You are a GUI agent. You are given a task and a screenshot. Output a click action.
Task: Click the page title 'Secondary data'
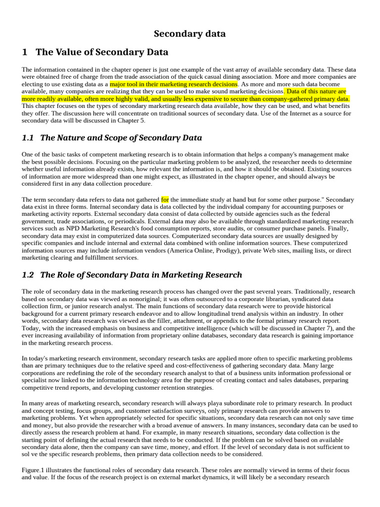point(190,34)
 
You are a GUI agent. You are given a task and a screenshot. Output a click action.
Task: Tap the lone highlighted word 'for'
point(165,200)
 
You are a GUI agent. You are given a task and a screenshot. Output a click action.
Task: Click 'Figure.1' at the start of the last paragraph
point(34,469)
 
